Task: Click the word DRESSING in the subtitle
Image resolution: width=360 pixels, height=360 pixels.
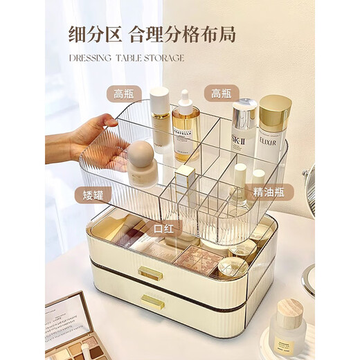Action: coord(91,58)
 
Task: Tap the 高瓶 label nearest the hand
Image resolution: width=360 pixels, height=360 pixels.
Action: coord(124,93)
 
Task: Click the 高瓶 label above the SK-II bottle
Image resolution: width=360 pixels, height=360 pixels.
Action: coord(222,93)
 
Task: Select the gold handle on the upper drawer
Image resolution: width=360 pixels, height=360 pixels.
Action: coord(150,274)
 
